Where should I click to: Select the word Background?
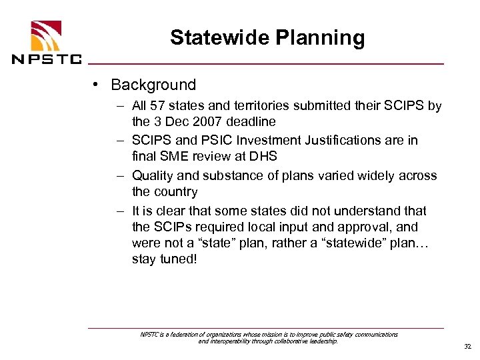coord(153,85)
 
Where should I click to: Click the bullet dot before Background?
coord(97,85)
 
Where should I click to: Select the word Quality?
coord(154,176)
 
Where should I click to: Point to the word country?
coord(175,192)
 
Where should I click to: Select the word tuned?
coord(179,259)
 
